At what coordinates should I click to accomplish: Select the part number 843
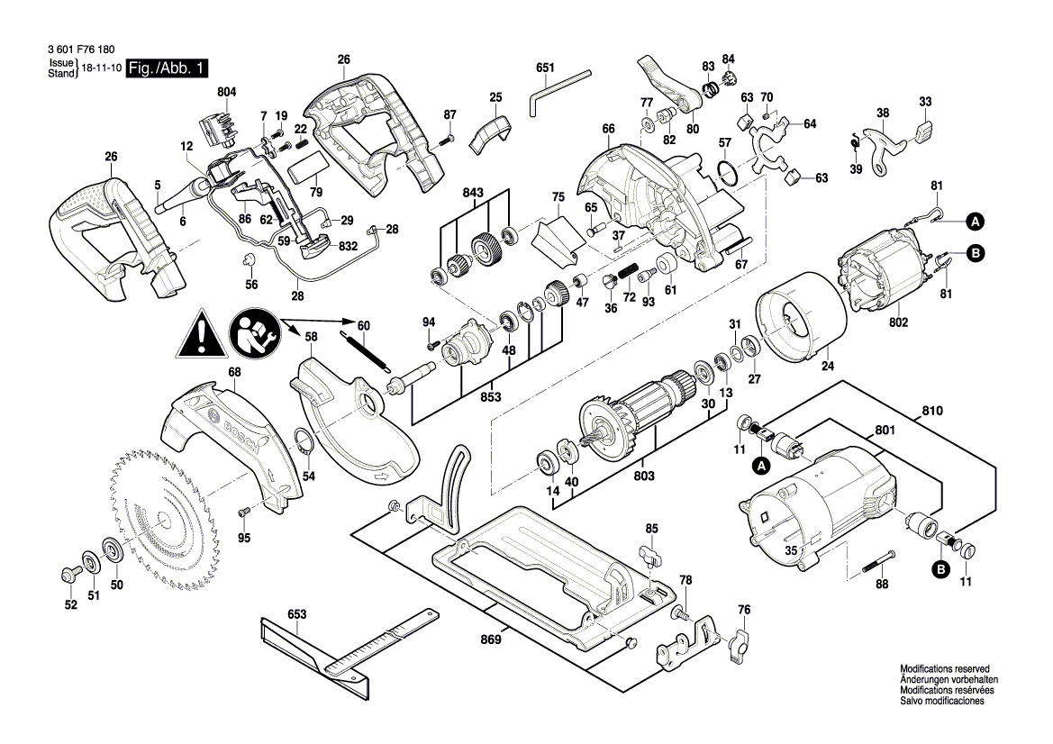473,192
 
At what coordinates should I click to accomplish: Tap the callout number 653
297,614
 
